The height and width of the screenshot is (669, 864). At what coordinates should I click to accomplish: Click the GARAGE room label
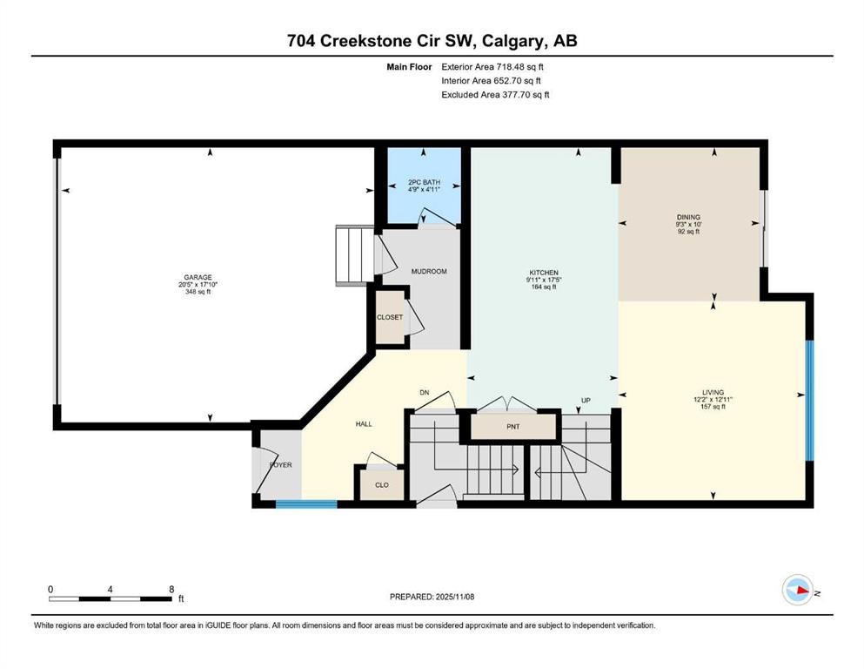[198, 278]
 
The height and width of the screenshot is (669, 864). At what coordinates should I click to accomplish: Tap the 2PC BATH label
[425, 182]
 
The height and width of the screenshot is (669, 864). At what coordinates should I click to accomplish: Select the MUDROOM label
[429, 272]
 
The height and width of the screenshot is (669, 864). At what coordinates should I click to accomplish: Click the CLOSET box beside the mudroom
[390, 317]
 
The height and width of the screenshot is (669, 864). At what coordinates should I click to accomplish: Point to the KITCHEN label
[543, 273]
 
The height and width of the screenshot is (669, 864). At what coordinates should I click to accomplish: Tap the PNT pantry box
[512, 427]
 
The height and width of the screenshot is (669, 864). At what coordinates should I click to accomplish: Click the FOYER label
[280, 465]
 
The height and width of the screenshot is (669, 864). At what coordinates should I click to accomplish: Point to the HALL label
[364, 423]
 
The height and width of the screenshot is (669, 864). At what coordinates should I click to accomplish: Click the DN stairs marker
[425, 393]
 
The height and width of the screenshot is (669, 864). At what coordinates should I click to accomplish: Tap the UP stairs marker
[586, 401]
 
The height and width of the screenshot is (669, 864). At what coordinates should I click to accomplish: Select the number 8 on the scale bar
[171, 588]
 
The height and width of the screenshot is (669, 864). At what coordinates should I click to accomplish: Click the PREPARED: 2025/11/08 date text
[432, 597]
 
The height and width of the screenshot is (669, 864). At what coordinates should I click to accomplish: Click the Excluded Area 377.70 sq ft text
[495, 94]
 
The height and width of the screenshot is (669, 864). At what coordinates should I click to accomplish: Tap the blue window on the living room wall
[808, 400]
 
